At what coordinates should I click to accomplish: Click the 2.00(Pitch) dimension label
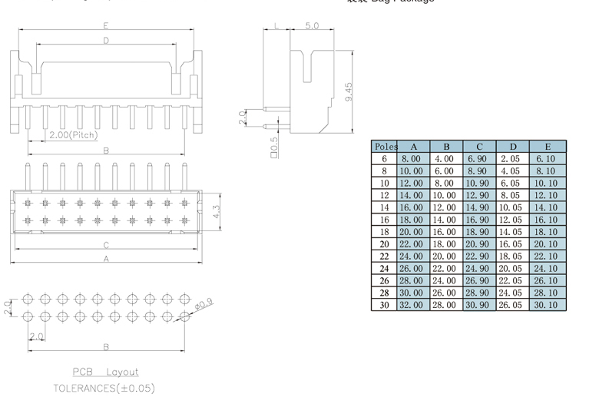click(x=74, y=135)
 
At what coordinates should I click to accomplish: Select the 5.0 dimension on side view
click(x=312, y=26)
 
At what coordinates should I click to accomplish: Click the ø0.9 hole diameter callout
click(x=205, y=306)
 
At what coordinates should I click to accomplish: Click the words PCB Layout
click(x=106, y=372)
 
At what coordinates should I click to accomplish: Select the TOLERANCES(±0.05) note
click(x=104, y=389)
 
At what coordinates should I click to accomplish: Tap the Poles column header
click(x=385, y=146)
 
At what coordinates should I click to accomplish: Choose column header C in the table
click(x=479, y=146)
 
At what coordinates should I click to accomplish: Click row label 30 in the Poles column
click(x=385, y=305)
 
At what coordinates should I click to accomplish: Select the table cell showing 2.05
click(x=511, y=158)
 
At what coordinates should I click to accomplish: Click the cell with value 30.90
click(x=479, y=305)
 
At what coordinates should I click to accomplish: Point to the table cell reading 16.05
click(x=511, y=244)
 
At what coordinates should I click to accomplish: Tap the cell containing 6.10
click(x=548, y=158)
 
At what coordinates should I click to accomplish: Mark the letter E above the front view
click(x=106, y=26)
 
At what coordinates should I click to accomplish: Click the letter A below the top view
click(x=106, y=259)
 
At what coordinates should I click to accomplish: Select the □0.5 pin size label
click(x=274, y=145)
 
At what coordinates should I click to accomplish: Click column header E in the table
click(x=548, y=146)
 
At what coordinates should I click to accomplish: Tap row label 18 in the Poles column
click(x=385, y=232)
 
